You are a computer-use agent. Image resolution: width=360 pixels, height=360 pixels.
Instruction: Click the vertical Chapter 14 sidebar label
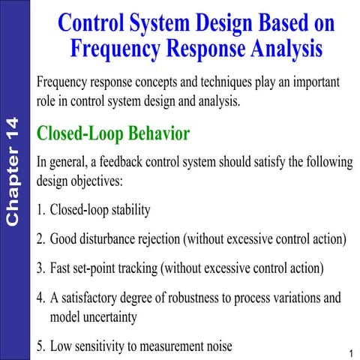13,172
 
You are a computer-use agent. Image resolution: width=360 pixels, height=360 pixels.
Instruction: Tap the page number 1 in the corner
350,352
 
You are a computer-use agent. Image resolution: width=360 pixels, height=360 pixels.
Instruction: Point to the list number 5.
40,346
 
